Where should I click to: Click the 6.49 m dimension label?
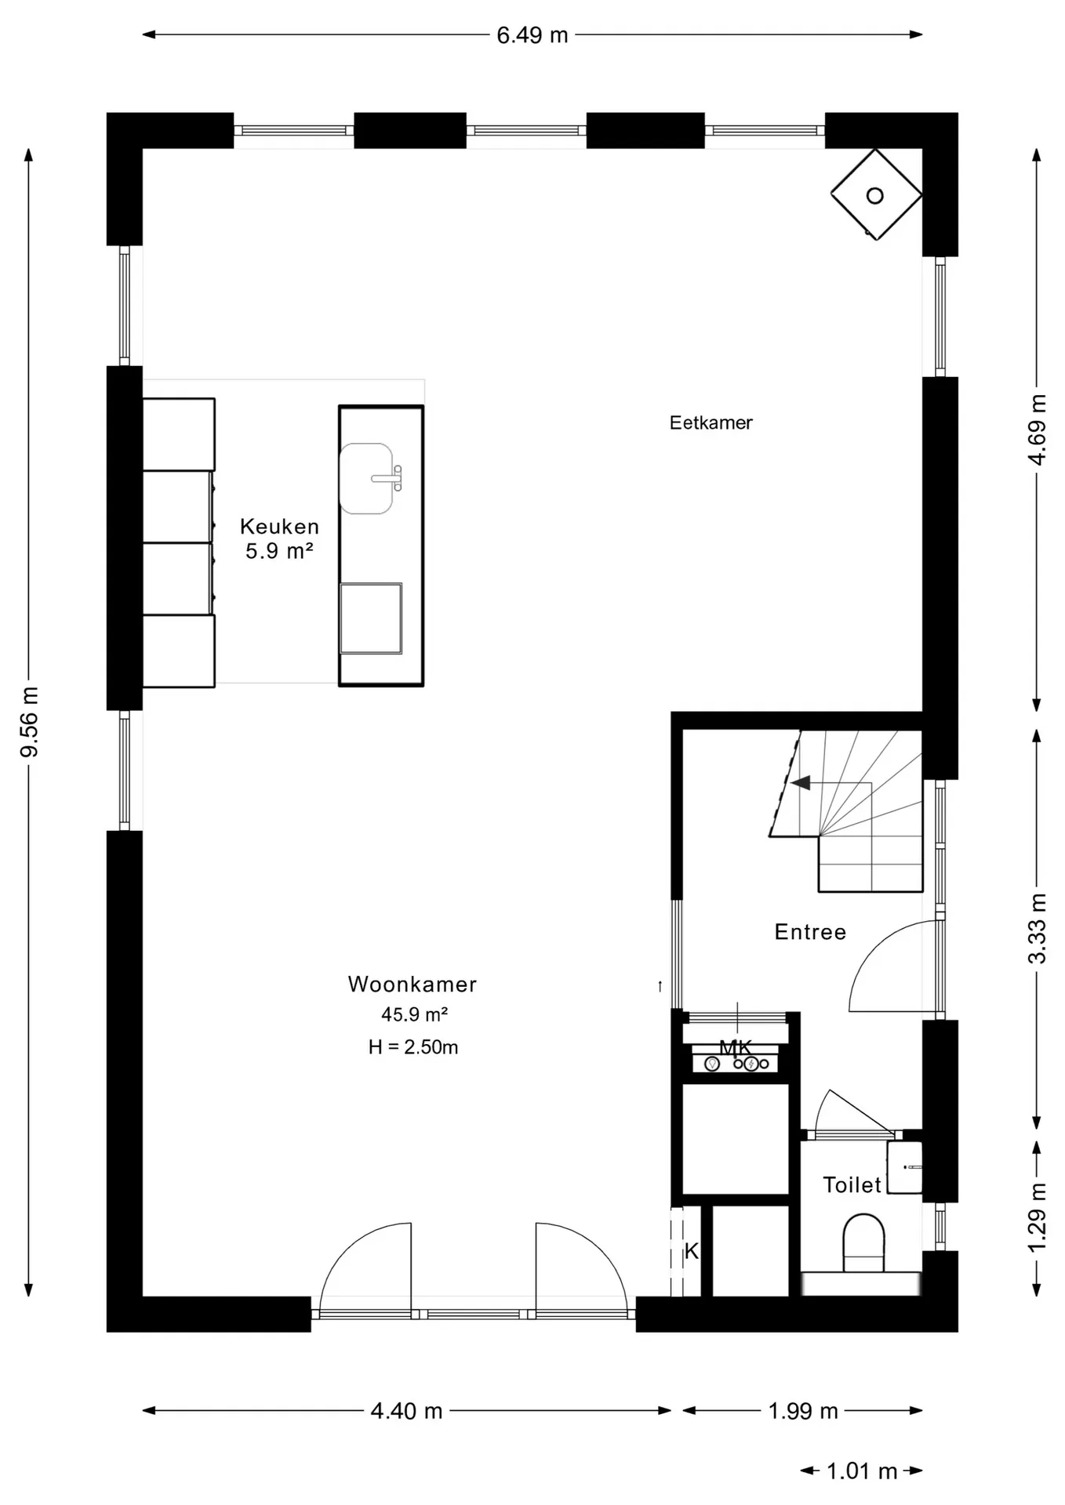pyautogui.click(x=532, y=35)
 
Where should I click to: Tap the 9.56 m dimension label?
pyautogui.click(x=30, y=723)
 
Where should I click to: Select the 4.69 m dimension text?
pyautogui.click(x=1037, y=430)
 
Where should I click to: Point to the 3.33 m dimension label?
pyautogui.click(x=1037, y=928)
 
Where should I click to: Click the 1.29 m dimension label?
pyautogui.click(x=1037, y=1217)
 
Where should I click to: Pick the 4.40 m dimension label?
pyautogui.click(x=406, y=1411)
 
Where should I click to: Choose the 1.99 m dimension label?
pyautogui.click(x=803, y=1411)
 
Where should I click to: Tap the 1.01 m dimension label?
pyautogui.click(x=862, y=1471)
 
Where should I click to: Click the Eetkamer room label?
pyautogui.click(x=711, y=422)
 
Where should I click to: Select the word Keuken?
pyautogui.click(x=279, y=526)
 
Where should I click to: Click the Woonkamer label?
pyautogui.click(x=413, y=984)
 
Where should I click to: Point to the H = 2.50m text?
pyautogui.click(x=413, y=1046)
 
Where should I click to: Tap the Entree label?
pyautogui.click(x=810, y=931)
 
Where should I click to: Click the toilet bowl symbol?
pyautogui.click(x=863, y=1243)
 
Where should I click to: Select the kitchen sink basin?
pyautogui.click(x=366, y=478)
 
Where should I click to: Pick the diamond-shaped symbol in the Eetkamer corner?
pyautogui.click(x=875, y=195)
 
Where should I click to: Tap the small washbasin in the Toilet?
pyautogui.click(x=904, y=1167)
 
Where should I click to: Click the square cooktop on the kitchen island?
pyautogui.click(x=371, y=618)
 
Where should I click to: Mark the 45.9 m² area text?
pyautogui.click(x=414, y=1014)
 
